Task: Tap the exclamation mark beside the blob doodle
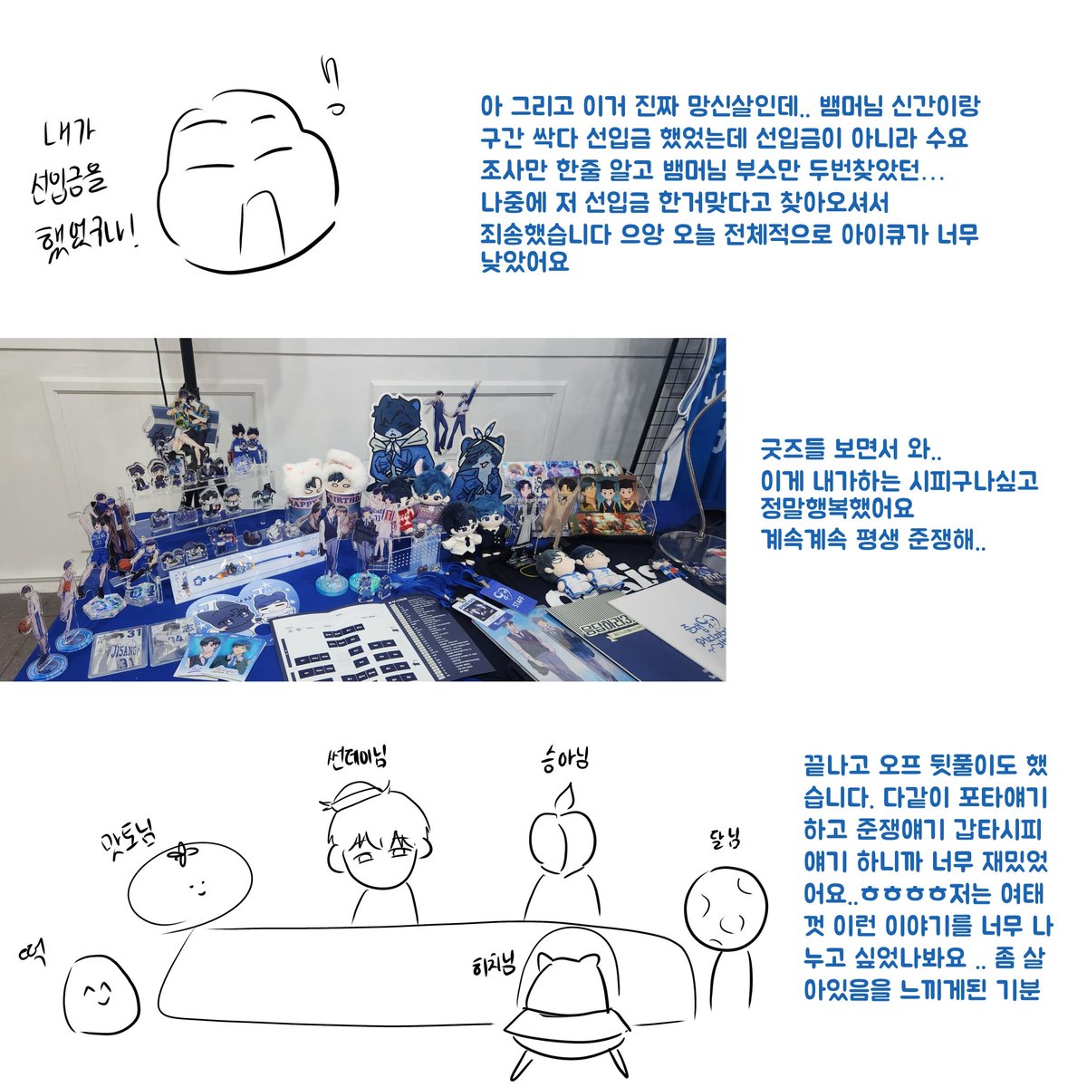[334, 86]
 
